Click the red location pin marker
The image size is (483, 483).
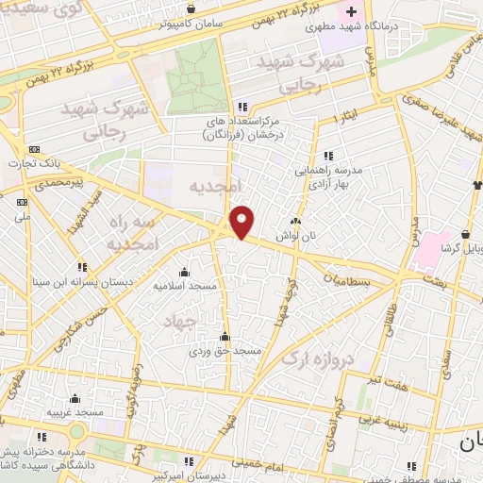coord(242,222)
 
